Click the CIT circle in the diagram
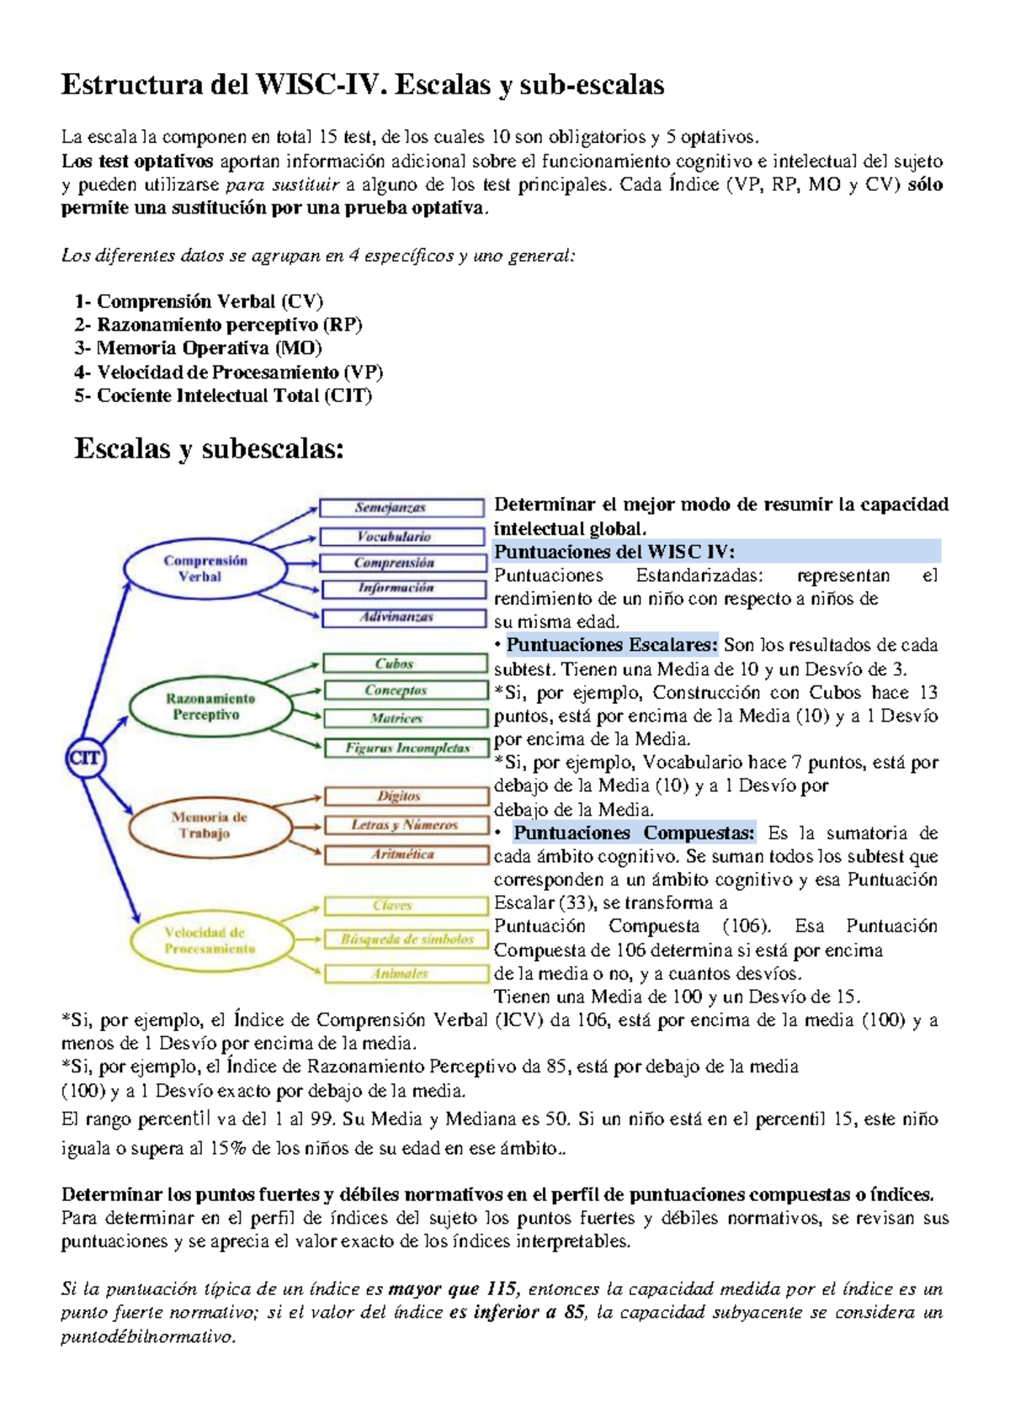[x=84, y=759]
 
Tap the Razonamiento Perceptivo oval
[x=210, y=706]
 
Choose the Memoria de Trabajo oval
[x=209, y=825]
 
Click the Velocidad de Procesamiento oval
[x=209, y=940]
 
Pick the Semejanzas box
[x=401, y=508]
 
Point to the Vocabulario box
[x=402, y=537]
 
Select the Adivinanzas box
[x=404, y=617]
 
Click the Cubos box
[x=404, y=664]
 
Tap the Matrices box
[x=405, y=718]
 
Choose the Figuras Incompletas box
[x=407, y=748]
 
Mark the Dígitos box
[x=407, y=796]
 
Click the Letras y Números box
[x=407, y=825]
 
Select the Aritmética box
[x=407, y=854]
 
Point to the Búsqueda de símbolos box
[x=407, y=939]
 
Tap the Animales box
[x=407, y=973]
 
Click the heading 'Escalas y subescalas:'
[x=210, y=448]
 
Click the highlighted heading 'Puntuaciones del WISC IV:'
[x=614, y=552]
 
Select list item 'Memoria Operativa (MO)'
[x=209, y=348]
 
